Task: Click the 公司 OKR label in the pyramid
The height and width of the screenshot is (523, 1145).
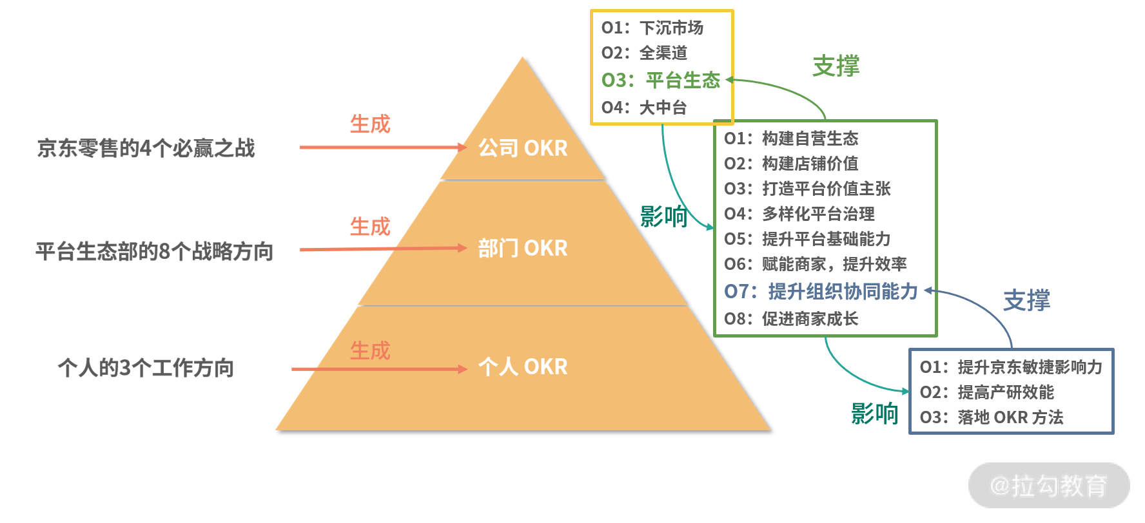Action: (523, 148)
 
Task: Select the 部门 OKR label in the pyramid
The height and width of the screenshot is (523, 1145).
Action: (523, 248)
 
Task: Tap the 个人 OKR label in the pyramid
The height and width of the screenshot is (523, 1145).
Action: (523, 366)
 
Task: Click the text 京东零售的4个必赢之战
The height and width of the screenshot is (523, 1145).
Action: (146, 148)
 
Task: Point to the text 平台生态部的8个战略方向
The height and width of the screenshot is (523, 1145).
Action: (155, 251)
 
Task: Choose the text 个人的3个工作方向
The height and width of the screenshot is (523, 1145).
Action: (146, 368)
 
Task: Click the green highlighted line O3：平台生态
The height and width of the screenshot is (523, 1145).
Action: (661, 80)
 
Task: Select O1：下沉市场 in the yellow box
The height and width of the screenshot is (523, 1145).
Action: (652, 28)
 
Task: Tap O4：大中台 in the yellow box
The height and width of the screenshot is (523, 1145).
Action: (644, 108)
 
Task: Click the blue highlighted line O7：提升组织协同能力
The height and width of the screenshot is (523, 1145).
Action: (821, 291)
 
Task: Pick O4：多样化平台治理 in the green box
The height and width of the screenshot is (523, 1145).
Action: (799, 214)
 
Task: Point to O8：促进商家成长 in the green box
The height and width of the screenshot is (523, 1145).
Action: (791, 319)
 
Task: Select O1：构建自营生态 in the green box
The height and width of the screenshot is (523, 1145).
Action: (791, 138)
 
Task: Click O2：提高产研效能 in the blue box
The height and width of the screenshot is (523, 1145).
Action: (987, 392)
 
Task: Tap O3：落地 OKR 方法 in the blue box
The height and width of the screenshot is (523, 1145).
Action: (992, 417)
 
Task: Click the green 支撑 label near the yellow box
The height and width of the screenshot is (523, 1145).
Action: (836, 66)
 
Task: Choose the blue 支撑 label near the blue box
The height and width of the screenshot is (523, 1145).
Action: (1027, 300)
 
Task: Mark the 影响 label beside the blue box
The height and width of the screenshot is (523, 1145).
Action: (875, 414)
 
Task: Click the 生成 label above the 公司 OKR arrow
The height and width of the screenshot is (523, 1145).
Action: (370, 124)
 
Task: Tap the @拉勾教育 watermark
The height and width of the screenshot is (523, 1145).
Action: (1049, 486)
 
